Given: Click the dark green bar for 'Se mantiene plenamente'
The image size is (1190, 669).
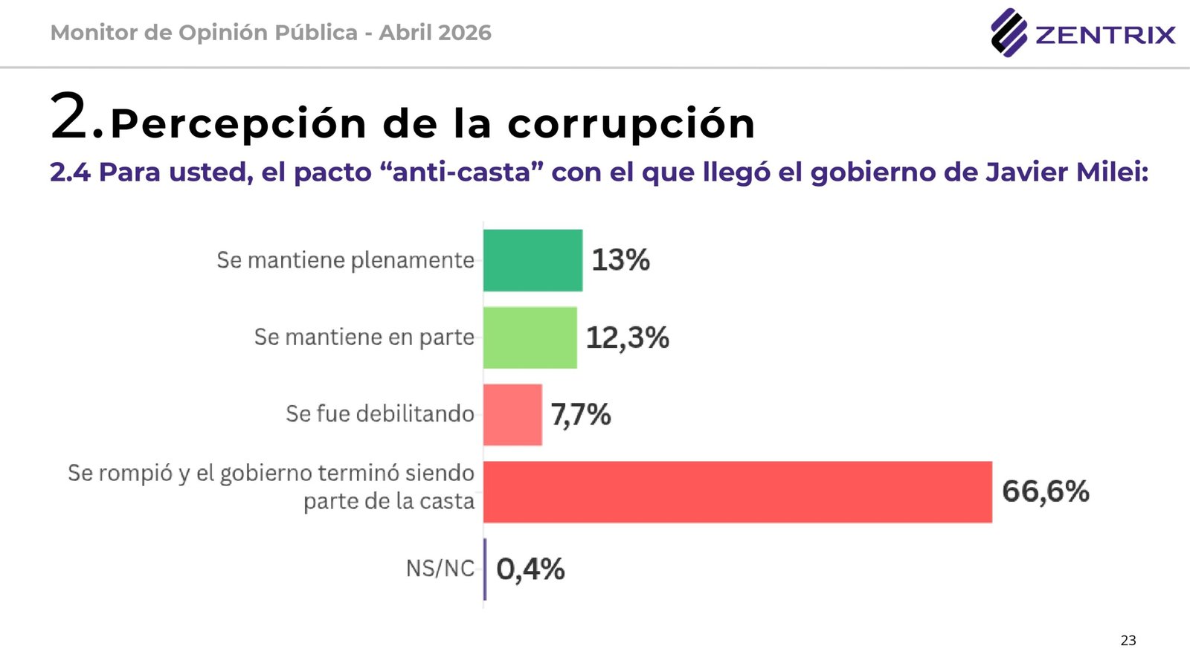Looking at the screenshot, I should coord(533,260).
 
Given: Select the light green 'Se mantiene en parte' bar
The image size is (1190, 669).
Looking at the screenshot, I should coord(530,337).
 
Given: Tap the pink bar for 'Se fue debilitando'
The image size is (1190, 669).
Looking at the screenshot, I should coord(512,415).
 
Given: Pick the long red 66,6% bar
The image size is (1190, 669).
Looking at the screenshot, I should coord(737,492).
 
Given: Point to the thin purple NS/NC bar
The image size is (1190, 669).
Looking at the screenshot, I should coord(485,569).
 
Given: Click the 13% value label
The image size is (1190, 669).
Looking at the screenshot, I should coord(620,260).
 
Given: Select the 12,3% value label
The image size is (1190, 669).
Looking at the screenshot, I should coord(627,337).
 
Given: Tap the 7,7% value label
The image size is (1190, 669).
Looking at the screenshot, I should coord(581,415).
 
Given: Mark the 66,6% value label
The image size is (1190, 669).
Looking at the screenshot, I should coord(1045,491).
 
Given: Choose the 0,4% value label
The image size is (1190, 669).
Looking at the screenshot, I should coord(530,569).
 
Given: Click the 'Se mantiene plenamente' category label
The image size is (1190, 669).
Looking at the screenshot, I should coord(345,260).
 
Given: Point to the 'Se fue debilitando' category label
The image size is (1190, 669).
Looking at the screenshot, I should coord(379,414).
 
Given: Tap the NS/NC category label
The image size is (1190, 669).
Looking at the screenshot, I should coord(440,569).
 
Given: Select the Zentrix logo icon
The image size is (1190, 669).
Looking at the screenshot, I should coord(1009,33).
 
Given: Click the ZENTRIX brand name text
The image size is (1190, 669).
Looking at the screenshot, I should coord(1105,35).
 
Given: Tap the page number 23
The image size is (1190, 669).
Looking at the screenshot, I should coord(1128,640).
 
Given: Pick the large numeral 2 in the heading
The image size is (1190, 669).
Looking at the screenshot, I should coord(71,115).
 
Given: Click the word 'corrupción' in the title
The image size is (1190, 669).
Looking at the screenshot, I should coord(631,123).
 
